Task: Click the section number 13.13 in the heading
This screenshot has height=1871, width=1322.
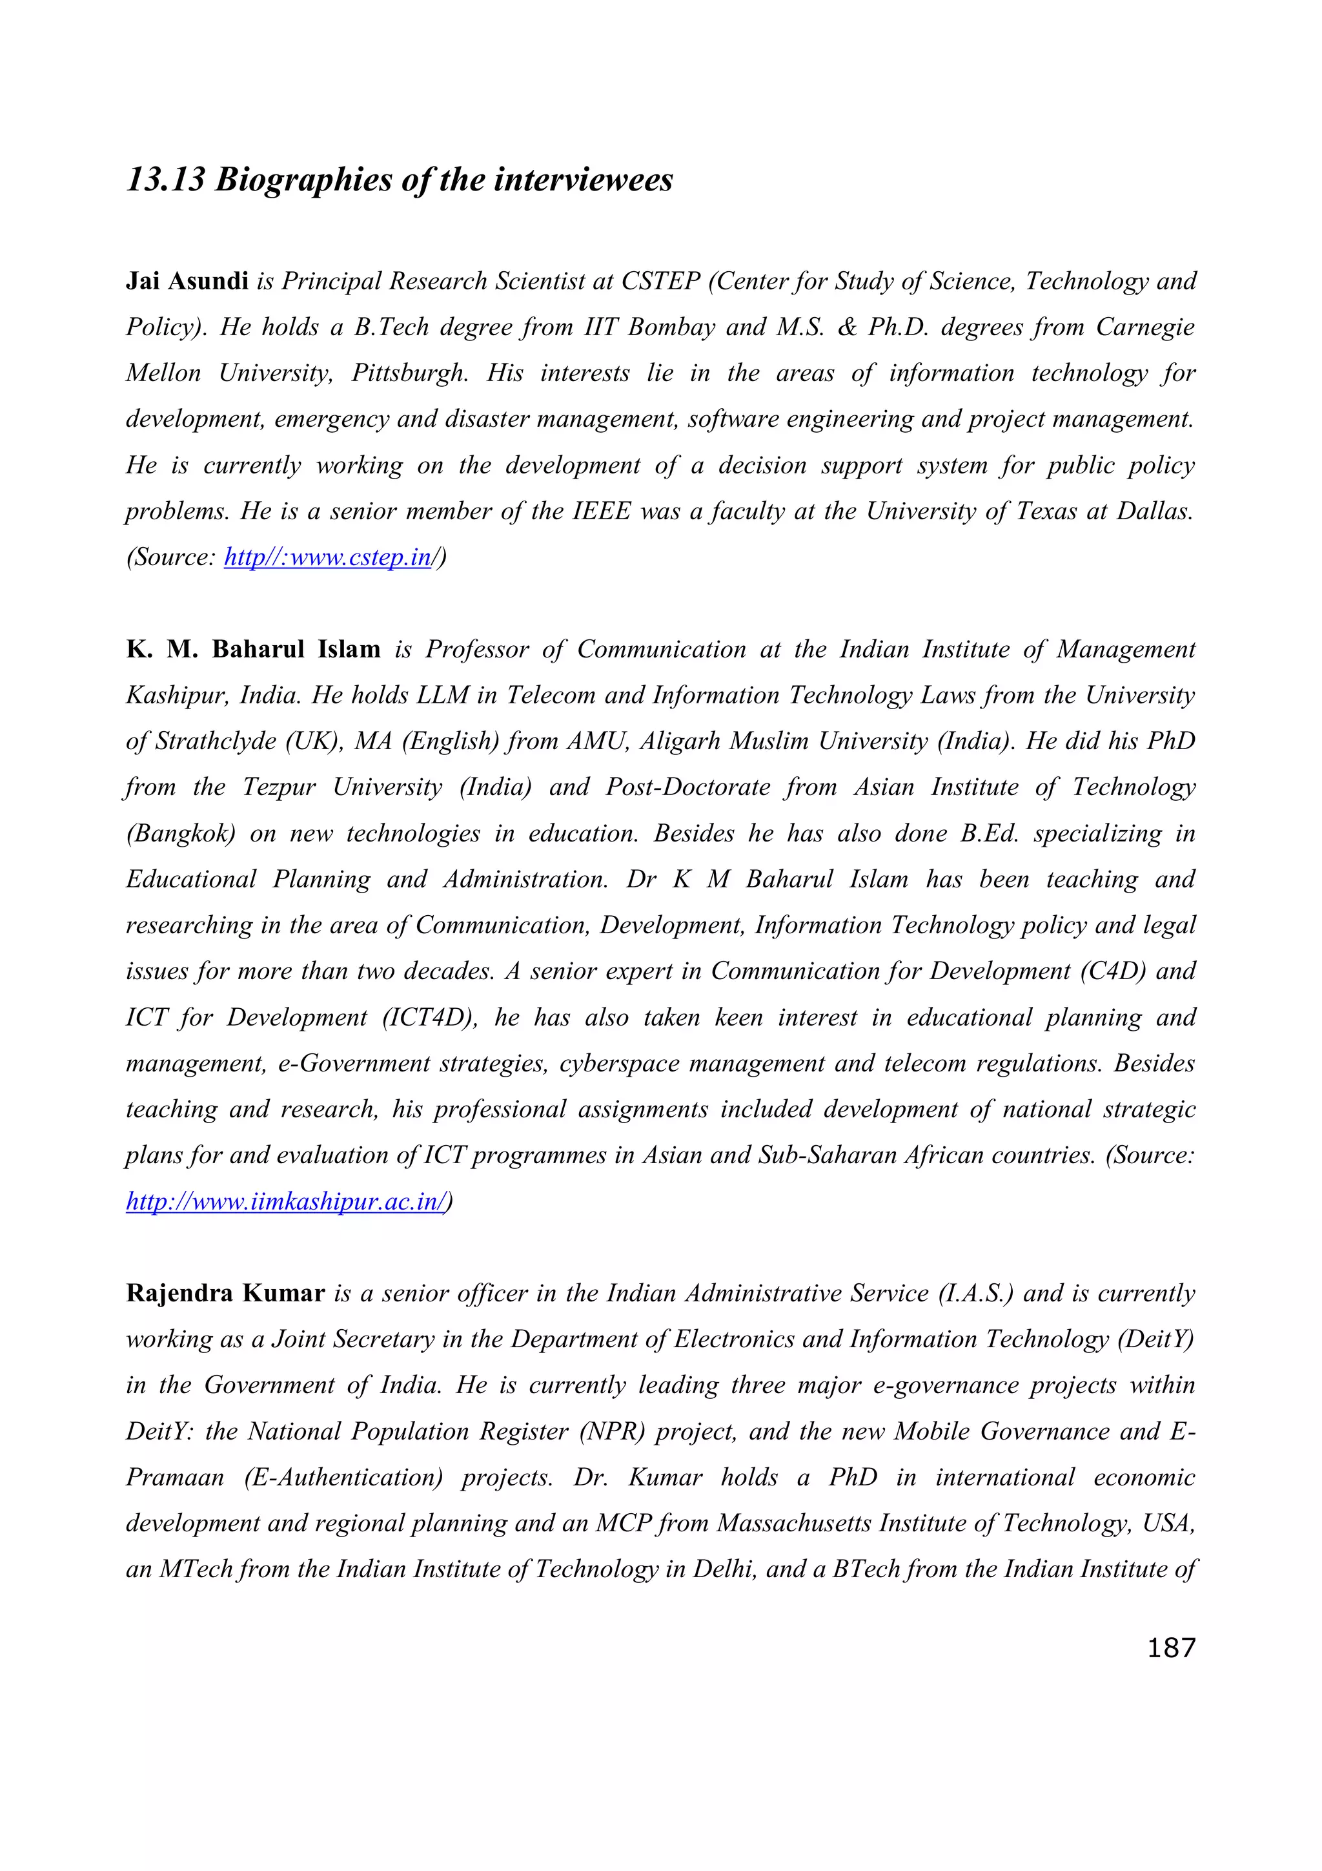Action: [x=165, y=180]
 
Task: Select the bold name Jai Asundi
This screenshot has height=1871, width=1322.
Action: [x=187, y=281]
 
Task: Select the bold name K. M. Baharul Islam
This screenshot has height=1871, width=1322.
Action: [x=253, y=650]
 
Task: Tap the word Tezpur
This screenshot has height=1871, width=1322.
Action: [x=280, y=787]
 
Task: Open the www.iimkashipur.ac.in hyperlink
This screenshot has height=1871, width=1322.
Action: [x=287, y=1202]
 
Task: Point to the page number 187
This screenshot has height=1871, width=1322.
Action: [x=1170, y=1648]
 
